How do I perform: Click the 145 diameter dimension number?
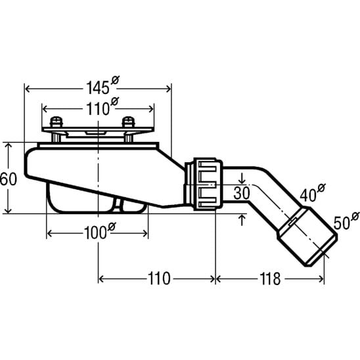(x=98, y=88)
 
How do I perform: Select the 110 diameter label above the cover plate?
(x=98, y=109)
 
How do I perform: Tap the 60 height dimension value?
(x=9, y=179)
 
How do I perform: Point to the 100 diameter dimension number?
(x=95, y=233)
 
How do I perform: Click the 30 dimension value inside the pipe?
(x=242, y=193)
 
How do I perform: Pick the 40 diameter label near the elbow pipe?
(x=308, y=196)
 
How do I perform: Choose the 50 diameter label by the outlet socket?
(x=342, y=223)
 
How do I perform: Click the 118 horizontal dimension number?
(x=270, y=279)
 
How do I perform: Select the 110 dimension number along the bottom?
(x=159, y=279)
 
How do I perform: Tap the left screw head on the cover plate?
(x=56, y=122)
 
